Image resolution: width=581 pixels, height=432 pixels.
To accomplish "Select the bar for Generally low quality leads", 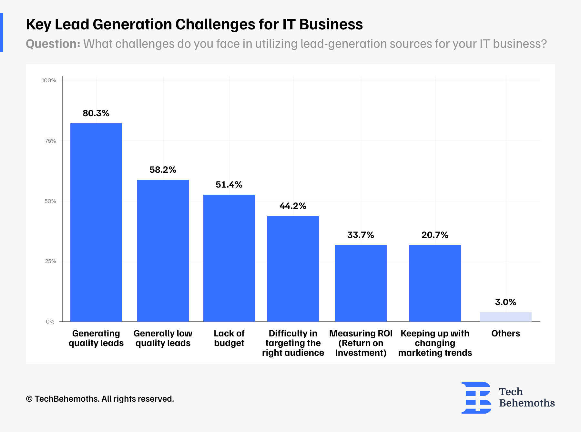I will [163, 251].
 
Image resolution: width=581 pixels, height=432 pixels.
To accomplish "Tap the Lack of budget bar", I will [229, 258].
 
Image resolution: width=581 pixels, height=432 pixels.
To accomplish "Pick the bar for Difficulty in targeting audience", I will [293, 269].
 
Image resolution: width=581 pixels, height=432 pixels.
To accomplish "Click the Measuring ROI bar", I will [361, 283].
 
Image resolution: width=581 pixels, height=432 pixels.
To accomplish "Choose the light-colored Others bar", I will [505, 317].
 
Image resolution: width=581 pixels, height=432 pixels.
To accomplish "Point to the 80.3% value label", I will [96, 113].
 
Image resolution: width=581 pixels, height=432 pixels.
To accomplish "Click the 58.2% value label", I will [163, 170].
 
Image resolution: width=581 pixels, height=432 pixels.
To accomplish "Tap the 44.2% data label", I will [293, 206].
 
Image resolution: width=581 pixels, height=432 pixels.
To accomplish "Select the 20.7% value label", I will [435, 235].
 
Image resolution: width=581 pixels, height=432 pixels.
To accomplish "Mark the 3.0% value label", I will [505, 302].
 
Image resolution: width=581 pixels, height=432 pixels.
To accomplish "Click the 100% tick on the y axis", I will [49, 80].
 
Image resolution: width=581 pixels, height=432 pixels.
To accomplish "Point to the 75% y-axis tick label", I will [50, 141].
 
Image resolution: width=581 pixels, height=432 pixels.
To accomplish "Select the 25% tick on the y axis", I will [50, 261].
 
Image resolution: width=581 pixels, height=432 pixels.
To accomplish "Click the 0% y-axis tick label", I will [50, 322].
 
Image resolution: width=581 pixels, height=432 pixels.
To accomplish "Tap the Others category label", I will [505, 334].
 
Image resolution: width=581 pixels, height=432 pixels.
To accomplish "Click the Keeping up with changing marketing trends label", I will [435, 343].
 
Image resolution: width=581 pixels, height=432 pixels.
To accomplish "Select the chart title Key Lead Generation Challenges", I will [194, 25].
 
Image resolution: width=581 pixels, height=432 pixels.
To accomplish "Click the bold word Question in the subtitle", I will [53, 44].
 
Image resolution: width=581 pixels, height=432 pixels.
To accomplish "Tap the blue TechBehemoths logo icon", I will [476, 398].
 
